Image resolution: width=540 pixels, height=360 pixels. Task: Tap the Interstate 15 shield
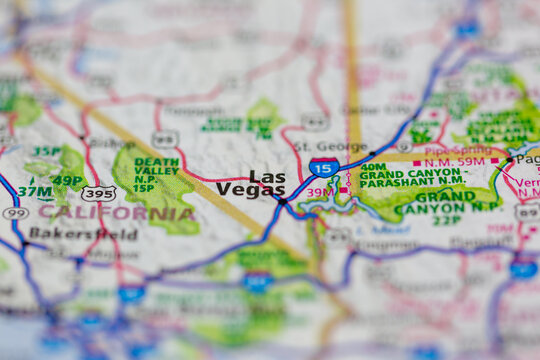pyautogui.click(x=323, y=167)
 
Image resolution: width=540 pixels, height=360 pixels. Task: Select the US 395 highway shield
pyautogui.click(x=98, y=192)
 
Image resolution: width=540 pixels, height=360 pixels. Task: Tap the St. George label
pyautogui.click(x=316, y=146)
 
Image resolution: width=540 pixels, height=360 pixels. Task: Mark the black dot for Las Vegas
pyautogui.click(x=283, y=201)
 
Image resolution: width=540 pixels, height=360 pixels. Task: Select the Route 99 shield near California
pyautogui.click(x=15, y=213)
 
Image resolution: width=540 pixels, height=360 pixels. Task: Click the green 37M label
pyautogui.click(x=35, y=191)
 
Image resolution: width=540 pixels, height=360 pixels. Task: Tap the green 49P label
pyautogui.click(x=66, y=180)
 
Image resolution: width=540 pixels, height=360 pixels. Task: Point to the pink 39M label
pyautogui.click(x=321, y=192)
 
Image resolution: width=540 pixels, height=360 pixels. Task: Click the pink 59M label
pyautogui.click(x=469, y=161)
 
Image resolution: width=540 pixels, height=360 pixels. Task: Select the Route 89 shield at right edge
pyautogui.click(x=526, y=212)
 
